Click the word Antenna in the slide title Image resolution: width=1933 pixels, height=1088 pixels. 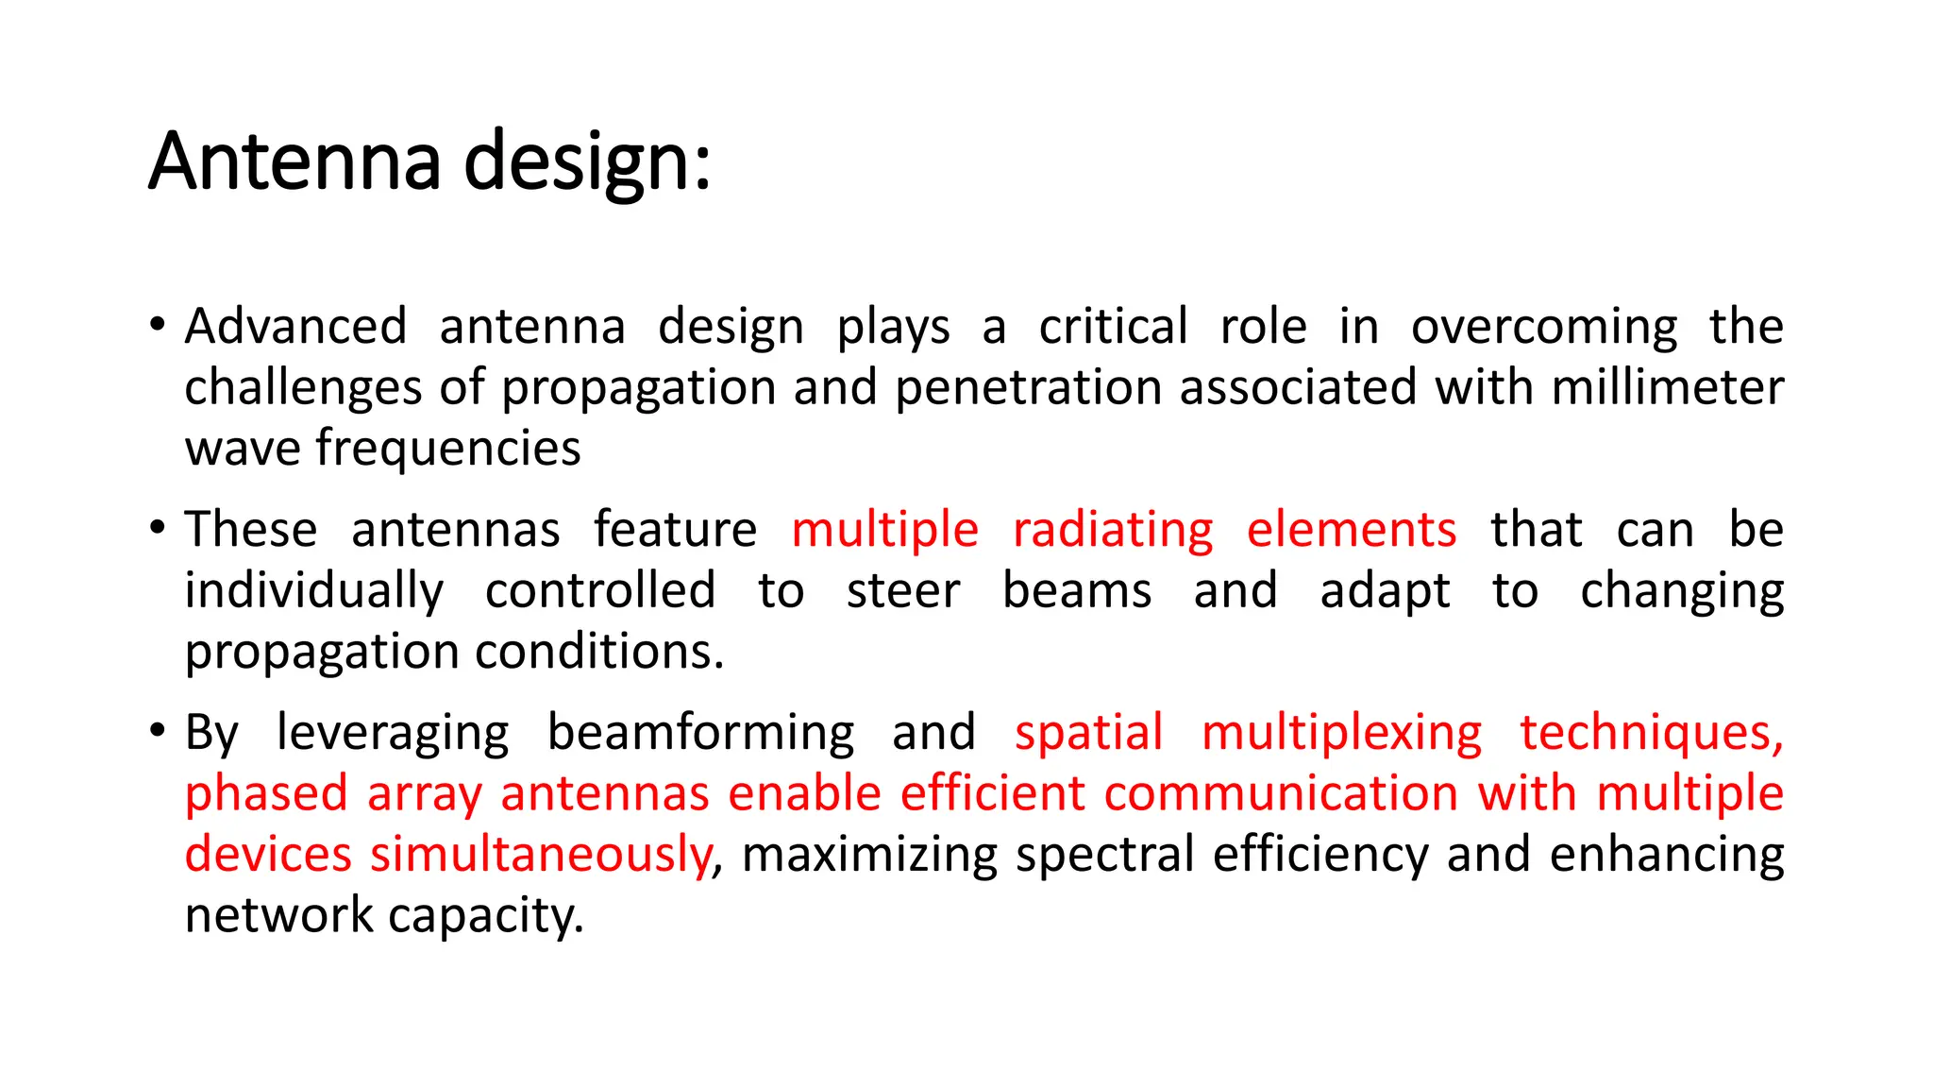[x=294, y=161]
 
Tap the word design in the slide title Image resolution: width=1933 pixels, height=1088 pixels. [x=587, y=162]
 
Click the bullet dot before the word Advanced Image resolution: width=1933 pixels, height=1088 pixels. [x=159, y=326]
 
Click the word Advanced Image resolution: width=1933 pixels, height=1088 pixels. [x=296, y=327]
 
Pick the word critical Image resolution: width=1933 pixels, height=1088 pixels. [x=1113, y=327]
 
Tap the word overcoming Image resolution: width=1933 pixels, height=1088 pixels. [x=1544, y=329]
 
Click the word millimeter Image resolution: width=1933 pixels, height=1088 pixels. [x=1668, y=387]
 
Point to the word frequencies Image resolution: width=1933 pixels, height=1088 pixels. [x=448, y=449]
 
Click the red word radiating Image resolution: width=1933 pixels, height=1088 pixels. [x=1113, y=531]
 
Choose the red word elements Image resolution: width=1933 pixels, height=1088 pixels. [x=1352, y=530]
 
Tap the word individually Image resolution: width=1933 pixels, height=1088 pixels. [x=314, y=592]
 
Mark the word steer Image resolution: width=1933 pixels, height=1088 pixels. [x=903, y=591]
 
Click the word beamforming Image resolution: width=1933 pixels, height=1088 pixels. [x=701, y=734]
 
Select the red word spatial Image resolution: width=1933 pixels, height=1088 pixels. [x=1089, y=734]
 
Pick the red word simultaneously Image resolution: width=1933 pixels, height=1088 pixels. [x=541, y=855]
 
